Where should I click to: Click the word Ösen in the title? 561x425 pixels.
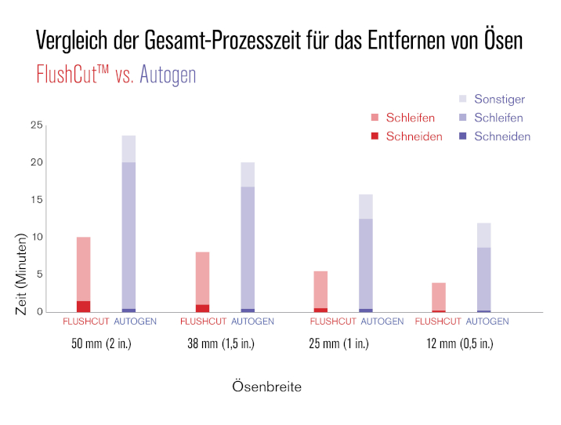(x=498, y=41)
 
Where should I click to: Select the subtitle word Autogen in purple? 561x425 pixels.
(x=168, y=74)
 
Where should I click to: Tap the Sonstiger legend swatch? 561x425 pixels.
(x=462, y=100)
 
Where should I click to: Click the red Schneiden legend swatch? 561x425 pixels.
(x=375, y=136)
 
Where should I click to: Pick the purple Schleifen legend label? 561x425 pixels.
(x=499, y=118)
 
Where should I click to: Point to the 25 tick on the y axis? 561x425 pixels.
(x=37, y=125)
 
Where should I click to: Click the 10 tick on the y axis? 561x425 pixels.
(x=37, y=238)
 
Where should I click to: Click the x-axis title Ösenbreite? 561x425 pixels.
(x=266, y=387)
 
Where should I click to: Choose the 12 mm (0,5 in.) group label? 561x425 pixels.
(x=460, y=344)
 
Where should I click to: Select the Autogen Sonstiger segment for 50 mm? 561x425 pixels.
(x=128, y=149)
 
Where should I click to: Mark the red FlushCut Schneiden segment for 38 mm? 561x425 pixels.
(x=202, y=308)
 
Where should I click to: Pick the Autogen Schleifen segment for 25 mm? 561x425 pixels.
(x=365, y=263)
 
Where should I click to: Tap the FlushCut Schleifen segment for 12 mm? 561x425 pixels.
(x=439, y=296)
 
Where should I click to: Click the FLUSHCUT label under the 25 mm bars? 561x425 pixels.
(x=333, y=321)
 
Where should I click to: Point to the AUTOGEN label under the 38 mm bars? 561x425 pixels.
(x=252, y=321)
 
